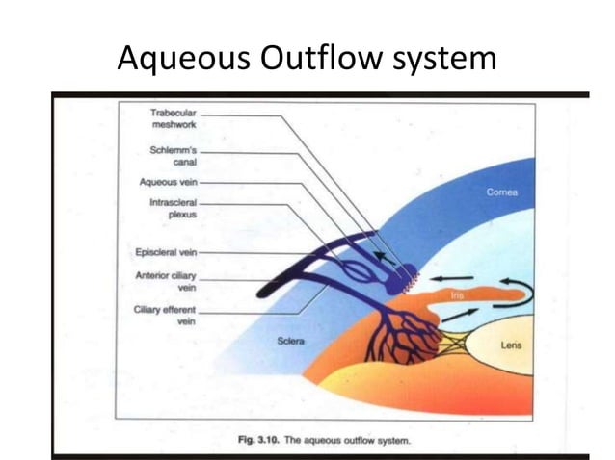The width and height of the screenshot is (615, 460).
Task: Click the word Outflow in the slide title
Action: coord(323,60)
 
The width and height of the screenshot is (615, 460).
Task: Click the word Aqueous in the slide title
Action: coord(183,60)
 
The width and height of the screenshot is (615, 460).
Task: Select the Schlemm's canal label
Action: coord(174,155)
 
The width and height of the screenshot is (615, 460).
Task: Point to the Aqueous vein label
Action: coord(169,181)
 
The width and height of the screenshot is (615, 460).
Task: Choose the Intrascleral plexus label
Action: coord(173,209)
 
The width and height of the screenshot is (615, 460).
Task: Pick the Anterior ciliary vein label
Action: coord(170,280)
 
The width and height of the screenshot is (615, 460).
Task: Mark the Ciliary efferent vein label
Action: coord(168,315)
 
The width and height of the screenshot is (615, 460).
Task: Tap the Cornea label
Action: coord(502,192)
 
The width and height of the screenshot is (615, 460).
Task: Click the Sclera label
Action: coord(291,341)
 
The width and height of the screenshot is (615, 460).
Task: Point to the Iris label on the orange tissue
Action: coord(460,295)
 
